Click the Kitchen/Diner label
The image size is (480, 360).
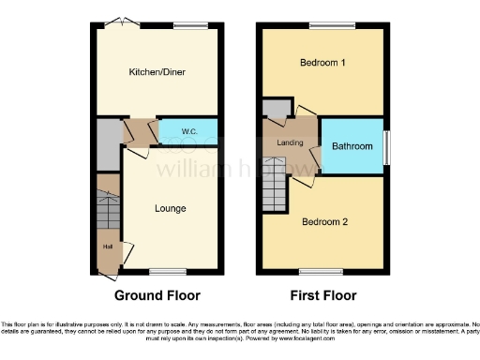[156, 70]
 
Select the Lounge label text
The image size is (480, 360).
[170, 208]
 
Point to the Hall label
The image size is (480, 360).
[108, 247]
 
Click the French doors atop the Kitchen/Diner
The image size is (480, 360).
[118, 22]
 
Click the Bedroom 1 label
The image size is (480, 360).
[322, 63]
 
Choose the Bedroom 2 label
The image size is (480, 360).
[324, 222]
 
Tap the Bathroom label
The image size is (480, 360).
[352, 146]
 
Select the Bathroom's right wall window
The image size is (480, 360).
[386, 146]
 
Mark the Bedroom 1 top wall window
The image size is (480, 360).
[325, 23]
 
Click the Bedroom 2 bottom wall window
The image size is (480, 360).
[311, 272]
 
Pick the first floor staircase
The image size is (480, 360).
[275, 184]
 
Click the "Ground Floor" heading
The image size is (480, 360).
[157, 295]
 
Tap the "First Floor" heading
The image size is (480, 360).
[323, 295]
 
